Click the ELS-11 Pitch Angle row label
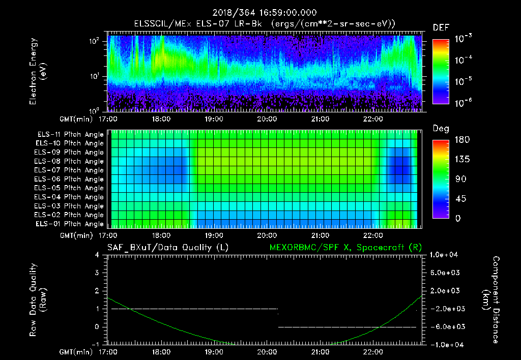[x=70, y=135]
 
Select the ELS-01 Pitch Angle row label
[x=70, y=224]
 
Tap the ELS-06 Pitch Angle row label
[x=70, y=179]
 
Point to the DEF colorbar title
[x=441, y=27]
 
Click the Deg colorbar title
[x=441, y=129]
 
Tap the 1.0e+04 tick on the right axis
[x=445, y=254]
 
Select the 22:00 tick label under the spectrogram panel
[x=373, y=119]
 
